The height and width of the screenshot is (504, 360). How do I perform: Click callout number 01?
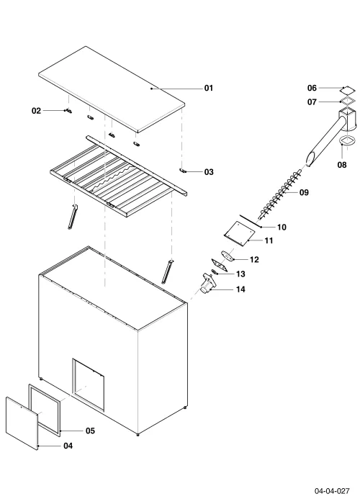click(209, 88)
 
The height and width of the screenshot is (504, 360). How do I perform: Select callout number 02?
click(36, 111)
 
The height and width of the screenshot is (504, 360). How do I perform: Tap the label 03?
click(209, 172)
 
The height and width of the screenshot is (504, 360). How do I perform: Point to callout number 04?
click(68, 446)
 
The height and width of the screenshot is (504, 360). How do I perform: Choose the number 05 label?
click(90, 431)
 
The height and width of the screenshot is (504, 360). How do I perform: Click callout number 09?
click(304, 192)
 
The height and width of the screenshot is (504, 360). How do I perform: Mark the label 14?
click(240, 289)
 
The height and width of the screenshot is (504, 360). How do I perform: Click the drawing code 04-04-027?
click(332, 491)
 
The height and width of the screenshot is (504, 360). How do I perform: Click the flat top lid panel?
click(112, 89)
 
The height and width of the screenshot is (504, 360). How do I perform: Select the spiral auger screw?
click(280, 195)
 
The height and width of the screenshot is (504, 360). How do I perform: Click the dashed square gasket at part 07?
click(348, 101)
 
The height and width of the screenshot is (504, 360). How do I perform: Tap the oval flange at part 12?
click(228, 256)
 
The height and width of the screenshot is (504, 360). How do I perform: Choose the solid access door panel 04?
click(22, 423)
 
